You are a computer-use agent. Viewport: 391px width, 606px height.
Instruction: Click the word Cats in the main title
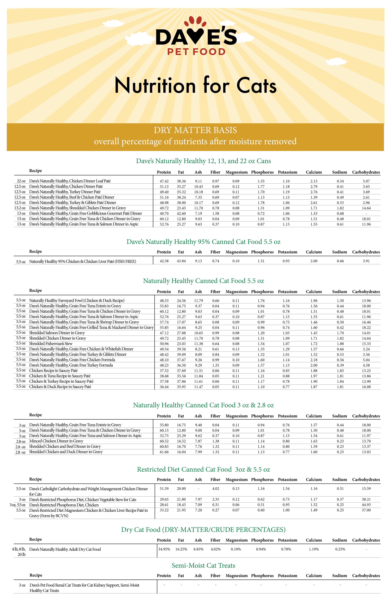[256, 85]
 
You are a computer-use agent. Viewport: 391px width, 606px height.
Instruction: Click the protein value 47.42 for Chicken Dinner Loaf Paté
[164, 181]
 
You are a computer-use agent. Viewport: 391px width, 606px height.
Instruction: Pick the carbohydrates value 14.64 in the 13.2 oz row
[366, 208]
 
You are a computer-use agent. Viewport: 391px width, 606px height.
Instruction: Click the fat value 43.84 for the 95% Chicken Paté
[181, 261]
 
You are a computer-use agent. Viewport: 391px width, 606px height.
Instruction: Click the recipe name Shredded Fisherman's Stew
[51, 344]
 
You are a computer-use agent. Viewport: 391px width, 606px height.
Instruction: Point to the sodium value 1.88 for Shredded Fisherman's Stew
[340, 344]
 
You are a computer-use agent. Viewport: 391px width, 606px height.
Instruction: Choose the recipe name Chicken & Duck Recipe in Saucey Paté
[60, 387]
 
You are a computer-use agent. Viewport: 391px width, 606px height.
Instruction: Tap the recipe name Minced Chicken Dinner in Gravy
[56, 441]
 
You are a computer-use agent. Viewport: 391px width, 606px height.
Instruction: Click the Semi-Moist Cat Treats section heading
[203, 566]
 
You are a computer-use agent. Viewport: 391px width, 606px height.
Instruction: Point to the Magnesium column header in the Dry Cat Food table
[236, 540]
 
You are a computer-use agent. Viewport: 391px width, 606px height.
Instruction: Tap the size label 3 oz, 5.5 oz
[17, 505]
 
